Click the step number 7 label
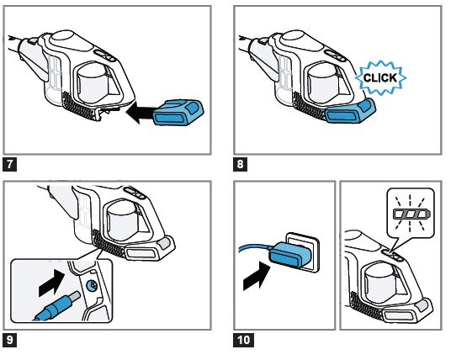pyautogui.click(x=9, y=164)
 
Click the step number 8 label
pyautogui.click(x=240, y=164)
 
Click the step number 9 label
pyautogui.click(x=9, y=340)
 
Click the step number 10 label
pyautogui.click(x=243, y=340)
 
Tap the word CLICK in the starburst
pyautogui.click(x=380, y=77)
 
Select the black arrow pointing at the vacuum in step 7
pyautogui.click(x=140, y=113)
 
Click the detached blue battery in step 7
pyautogui.click(x=178, y=112)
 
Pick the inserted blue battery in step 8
pyautogui.click(x=350, y=111)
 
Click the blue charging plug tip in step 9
pyautogui.click(x=56, y=307)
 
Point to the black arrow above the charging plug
pyautogui.click(x=52, y=283)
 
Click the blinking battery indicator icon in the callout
pyautogui.click(x=411, y=214)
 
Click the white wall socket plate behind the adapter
pyautogui.click(x=302, y=251)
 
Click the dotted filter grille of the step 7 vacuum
pyautogui.click(x=78, y=106)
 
